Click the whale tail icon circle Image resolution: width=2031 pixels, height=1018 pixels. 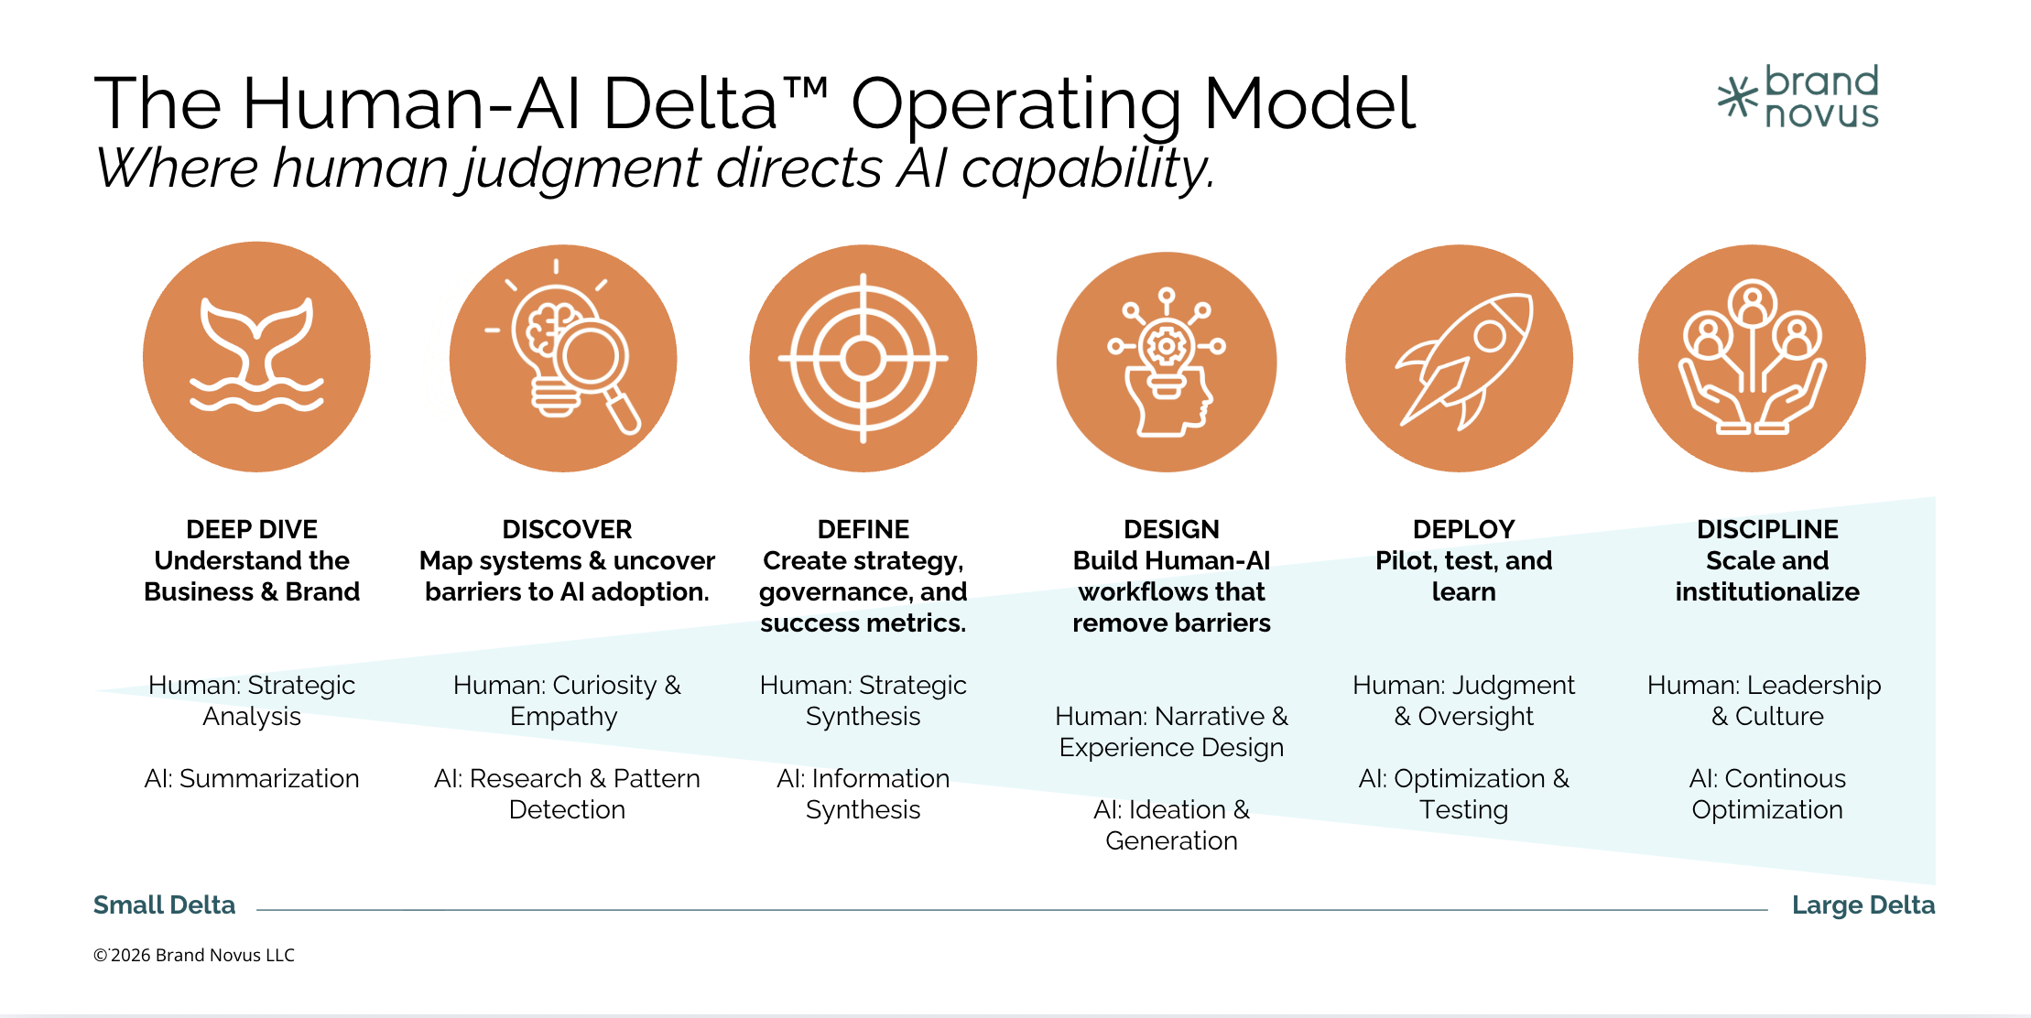(256, 357)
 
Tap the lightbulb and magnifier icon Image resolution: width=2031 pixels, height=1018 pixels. (563, 358)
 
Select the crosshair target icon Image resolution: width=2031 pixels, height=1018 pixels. (863, 358)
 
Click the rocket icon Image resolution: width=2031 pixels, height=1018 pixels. (1459, 358)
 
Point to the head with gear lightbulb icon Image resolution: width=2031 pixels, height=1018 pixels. (1166, 362)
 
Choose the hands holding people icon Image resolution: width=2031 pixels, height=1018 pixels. (1752, 358)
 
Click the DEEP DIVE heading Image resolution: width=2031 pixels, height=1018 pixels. (252, 529)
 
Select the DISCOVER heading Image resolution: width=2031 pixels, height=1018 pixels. (567, 529)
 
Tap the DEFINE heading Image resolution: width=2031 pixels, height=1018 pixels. (863, 529)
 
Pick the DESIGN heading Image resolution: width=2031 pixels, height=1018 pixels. (1171, 529)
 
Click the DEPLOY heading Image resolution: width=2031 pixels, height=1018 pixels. (1463, 529)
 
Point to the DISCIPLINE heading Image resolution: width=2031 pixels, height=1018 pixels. (1767, 529)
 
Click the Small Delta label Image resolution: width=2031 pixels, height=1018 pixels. (165, 904)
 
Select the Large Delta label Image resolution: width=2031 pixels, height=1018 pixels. (1863, 904)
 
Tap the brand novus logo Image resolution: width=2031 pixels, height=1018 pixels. (1799, 97)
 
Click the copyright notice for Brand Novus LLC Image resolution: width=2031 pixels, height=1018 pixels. (194, 955)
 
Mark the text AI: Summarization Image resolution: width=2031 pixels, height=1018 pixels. (252, 778)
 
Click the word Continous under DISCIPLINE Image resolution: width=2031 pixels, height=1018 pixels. (1785, 778)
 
